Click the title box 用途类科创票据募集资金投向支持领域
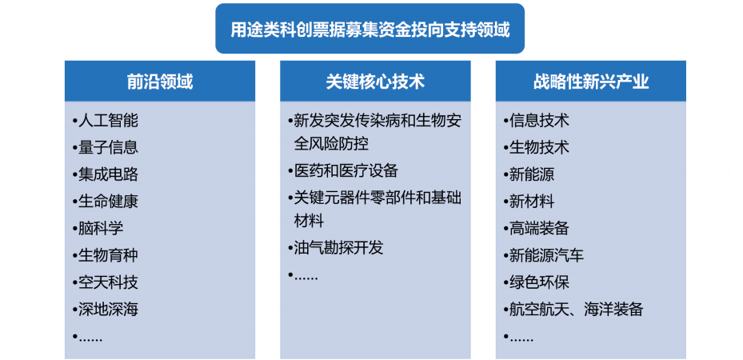[x=370, y=30]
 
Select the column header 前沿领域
[x=160, y=82]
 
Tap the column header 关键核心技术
[x=375, y=82]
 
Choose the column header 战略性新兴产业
[x=590, y=82]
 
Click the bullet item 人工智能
[x=108, y=121]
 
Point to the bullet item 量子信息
[x=108, y=147]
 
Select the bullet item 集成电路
[x=108, y=174]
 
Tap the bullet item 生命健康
[x=108, y=202]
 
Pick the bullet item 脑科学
[x=101, y=229]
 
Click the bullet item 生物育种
[x=108, y=256]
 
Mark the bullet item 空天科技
[x=108, y=282]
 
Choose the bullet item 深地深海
[x=108, y=310]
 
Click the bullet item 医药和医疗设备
[x=346, y=171]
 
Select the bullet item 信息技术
[x=539, y=121]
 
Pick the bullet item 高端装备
[x=539, y=229]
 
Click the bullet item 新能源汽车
[x=546, y=256]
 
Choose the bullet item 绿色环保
[x=539, y=282]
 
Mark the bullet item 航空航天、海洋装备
[x=576, y=310]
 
